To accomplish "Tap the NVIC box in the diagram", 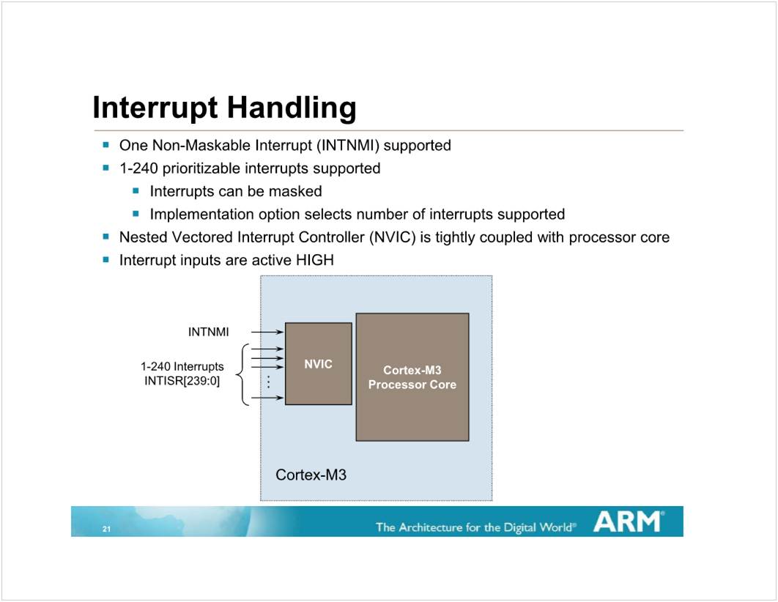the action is click(x=319, y=363).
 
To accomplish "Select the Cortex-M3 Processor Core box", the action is click(x=412, y=377).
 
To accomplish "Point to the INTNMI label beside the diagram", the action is click(x=208, y=332).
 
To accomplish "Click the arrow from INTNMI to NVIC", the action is click(x=267, y=332).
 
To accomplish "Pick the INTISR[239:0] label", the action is click(x=182, y=381).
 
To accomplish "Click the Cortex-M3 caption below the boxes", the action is click(x=311, y=475).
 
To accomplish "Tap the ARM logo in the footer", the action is click(x=629, y=521).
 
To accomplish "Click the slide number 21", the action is click(x=106, y=529).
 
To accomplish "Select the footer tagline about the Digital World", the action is click(x=476, y=527).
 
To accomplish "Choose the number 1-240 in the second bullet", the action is click(x=138, y=168).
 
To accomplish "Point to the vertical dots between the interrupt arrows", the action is click(x=268, y=382).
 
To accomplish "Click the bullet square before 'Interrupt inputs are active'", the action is click(x=105, y=259).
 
